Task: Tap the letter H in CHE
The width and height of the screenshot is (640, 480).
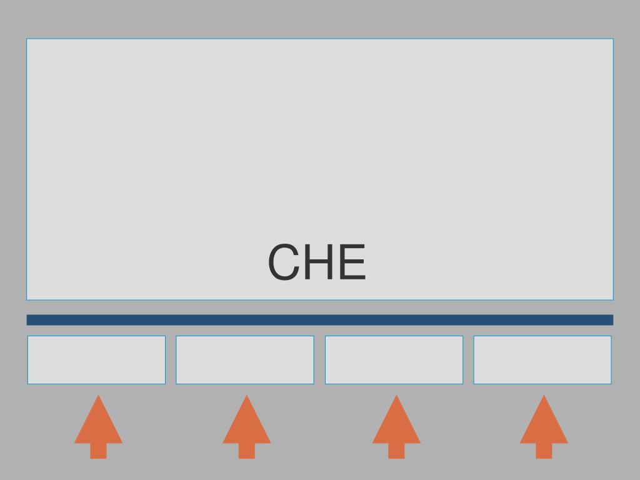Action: pos(317,262)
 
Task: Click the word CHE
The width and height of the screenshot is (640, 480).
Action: pos(317,262)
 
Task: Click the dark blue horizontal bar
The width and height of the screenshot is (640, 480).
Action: pos(320,320)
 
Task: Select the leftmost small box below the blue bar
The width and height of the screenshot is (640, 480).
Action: pos(96,360)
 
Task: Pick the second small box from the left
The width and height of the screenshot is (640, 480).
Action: pos(245,360)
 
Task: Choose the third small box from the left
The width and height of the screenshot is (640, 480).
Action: pos(394,360)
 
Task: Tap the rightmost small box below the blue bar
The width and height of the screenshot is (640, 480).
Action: pos(542,360)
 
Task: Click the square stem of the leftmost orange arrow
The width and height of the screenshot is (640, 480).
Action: pos(98,451)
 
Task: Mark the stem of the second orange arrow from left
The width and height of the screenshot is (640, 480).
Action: pos(247,451)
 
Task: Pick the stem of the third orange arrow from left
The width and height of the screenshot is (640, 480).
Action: pos(396,451)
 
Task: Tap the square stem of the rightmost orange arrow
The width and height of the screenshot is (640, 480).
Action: pos(544,451)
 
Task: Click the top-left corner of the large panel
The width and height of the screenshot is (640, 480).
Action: pos(27,39)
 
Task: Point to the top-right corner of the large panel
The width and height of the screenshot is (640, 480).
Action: pos(613,39)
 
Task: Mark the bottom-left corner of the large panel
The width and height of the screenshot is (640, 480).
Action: pos(27,299)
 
